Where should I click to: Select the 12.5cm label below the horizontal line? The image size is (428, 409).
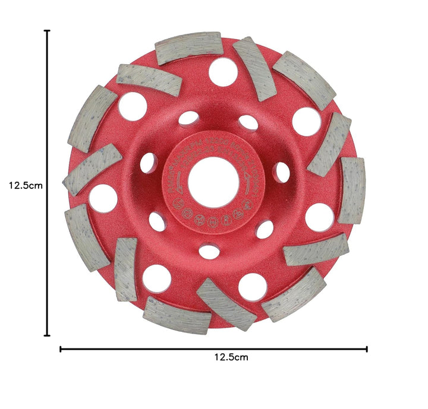[x=231, y=357]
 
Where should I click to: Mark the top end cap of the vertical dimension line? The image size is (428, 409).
[x=48, y=31]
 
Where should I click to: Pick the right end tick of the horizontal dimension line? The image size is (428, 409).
[x=367, y=348]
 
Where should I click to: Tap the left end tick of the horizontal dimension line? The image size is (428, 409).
[x=61, y=348]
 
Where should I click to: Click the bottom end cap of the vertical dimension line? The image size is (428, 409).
[x=48, y=335]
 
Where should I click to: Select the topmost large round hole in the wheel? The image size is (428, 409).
[x=223, y=72]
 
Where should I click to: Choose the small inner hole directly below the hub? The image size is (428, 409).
[x=209, y=251]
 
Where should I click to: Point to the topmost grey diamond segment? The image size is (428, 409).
[x=188, y=47]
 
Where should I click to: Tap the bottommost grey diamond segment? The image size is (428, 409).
[x=177, y=315]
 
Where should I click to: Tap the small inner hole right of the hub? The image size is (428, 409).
[x=282, y=172]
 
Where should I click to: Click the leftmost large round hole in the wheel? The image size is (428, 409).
[x=103, y=198]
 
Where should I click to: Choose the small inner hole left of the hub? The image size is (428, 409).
[x=149, y=163]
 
